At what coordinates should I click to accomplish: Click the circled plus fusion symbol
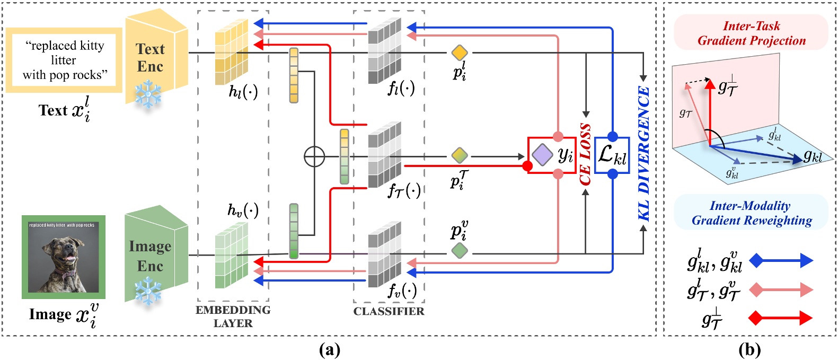pyautogui.click(x=314, y=156)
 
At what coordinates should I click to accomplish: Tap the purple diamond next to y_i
pyautogui.click(x=542, y=155)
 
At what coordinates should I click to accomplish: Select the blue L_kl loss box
pyautogui.click(x=612, y=155)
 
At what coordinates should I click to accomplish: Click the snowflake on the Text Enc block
pyautogui.click(x=148, y=94)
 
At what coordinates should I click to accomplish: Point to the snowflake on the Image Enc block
pyautogui.click(x=148, y=291)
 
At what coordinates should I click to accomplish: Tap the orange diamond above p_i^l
pyautogui.click(x=459, y=52)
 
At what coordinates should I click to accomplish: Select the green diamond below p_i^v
pyautogui.click(x=459, y=251)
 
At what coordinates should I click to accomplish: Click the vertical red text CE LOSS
pyautogui.click(x=585, y=154)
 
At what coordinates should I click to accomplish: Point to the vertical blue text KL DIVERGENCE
pyautogui.click(x=643, y=154)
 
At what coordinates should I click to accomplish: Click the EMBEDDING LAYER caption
pyautogui.click(x=233, y=317)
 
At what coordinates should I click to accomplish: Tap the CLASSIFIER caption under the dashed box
pyautogui.click(x=389, y=311)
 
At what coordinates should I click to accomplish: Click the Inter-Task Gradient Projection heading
pyautogui.click(x=751, y=33)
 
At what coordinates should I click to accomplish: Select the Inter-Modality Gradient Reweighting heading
pyautogui.click(x=751, y=213)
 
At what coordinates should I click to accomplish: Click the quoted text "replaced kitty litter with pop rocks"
pyautogui.click(x=64, y=60)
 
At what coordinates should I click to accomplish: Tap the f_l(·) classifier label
pyautogui.click(x=401, y=87)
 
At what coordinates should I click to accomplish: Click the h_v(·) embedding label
pyautogui.click(x=243, y=210)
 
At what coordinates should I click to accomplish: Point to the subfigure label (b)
pyautogui.click(x=749, y=350)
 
